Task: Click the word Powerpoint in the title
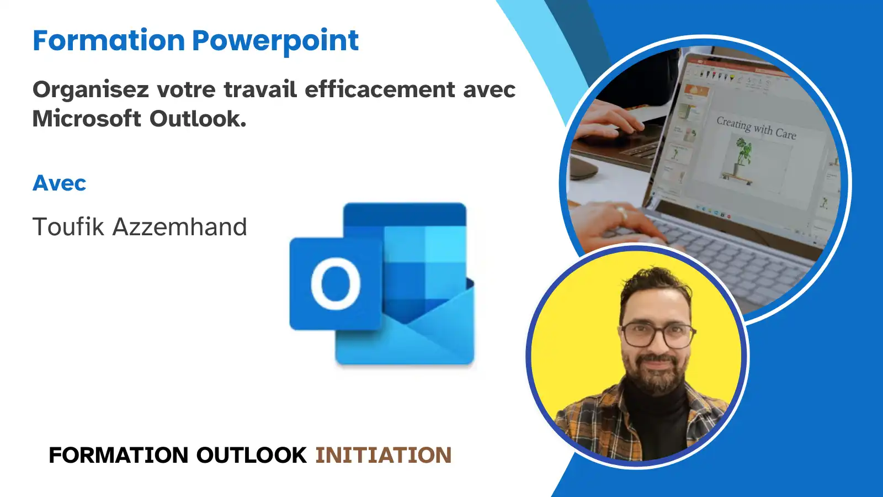coord(275,41)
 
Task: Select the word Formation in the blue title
coord(109,40)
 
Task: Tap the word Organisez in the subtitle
coord(91,90)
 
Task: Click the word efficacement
coord(380,89)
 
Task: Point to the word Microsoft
coord(87,118)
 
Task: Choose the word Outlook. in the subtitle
coord(198,118)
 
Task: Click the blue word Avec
coord(59,183)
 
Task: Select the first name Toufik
coord(68,226)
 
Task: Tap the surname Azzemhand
coord(180,226)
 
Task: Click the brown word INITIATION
coord(384,455)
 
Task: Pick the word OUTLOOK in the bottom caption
coord(252,455)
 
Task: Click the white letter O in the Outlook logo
coord(336,284)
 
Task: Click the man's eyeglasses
coord(657,335)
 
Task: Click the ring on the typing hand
coord(622,213)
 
